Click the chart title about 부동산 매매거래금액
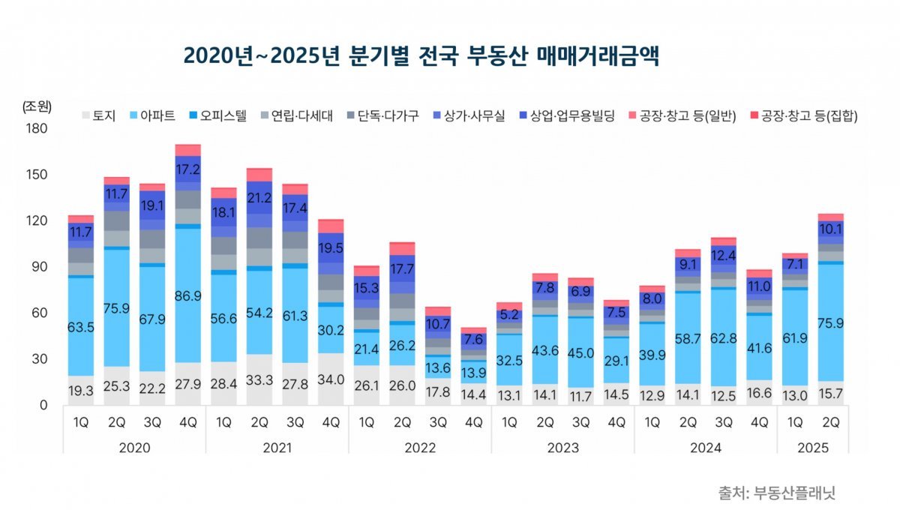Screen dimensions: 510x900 click(x=421, y=55)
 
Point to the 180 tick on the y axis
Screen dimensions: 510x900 click(x=37, y=129)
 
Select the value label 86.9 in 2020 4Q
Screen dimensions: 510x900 click(x=187, y=297)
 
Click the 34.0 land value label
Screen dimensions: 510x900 click(x=330, y=379)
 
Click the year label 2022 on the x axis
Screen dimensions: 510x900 click(x=420, y=448)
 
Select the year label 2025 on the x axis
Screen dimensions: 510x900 click(x=812, y=448)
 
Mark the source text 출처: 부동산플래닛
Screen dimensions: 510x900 click(x=776, y=493)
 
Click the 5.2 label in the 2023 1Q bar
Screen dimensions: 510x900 click(x=508, y=314)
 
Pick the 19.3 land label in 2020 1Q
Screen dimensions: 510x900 click(x=80, y=391)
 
